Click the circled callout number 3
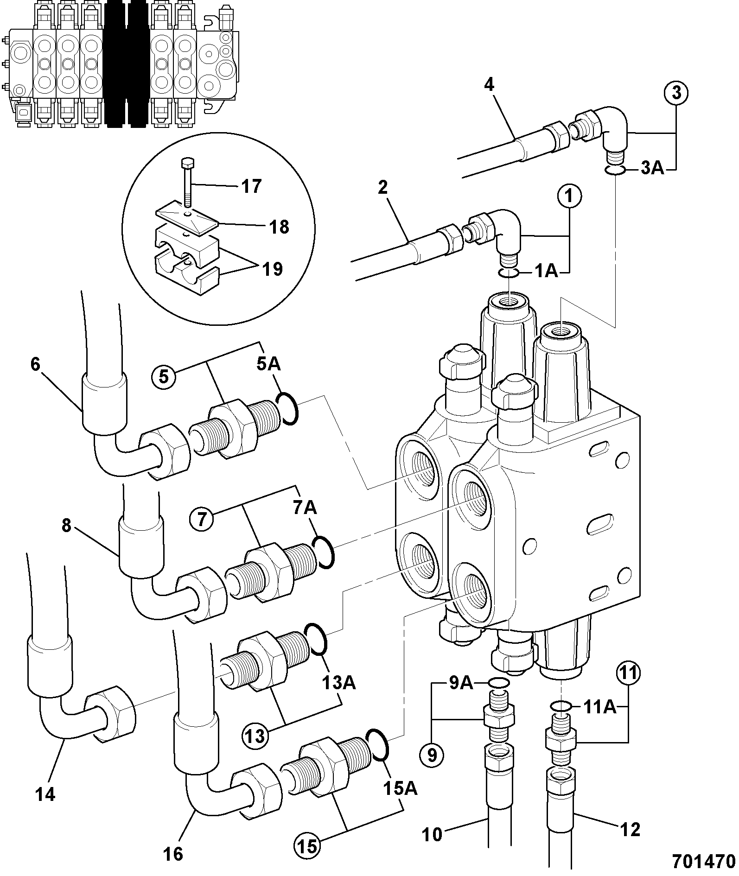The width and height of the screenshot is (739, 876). (676, 94)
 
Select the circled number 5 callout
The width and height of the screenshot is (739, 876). (165, 376)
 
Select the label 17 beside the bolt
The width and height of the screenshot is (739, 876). (250, 186)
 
